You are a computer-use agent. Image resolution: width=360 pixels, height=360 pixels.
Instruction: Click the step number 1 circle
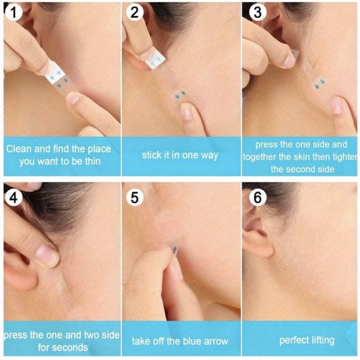tap(13, 12)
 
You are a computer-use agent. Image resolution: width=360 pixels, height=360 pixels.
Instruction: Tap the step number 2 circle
tap(135, 12)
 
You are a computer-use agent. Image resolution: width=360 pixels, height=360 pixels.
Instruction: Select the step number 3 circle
tap(257, 12)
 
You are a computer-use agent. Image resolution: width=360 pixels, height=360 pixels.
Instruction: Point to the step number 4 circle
tap(13, 198)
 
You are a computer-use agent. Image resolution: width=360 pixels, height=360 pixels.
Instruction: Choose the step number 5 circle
tap(135, 198)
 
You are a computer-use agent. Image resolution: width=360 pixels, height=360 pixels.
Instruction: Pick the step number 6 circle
tap(257, 198)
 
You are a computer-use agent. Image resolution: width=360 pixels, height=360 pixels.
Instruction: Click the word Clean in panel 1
tap(19, 149)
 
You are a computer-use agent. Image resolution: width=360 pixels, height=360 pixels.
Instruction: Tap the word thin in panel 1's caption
tap(93, 162)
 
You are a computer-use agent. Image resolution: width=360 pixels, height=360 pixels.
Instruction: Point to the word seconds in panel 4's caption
tap(63, 347)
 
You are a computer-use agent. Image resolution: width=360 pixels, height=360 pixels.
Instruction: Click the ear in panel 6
tap(258, 232)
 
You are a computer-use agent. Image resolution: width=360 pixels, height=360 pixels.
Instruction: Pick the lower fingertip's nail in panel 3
tap(336, 105)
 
